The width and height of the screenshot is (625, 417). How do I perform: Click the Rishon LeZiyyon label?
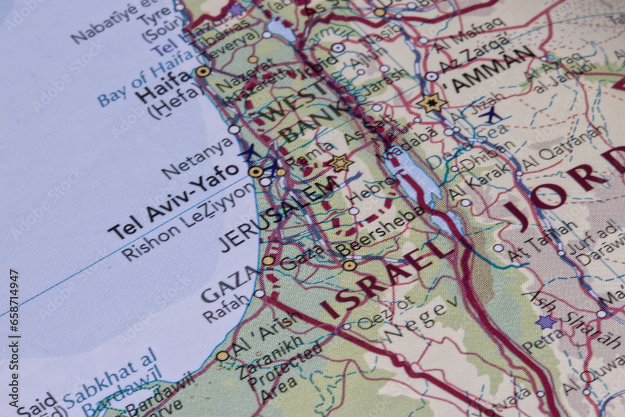pos(188,223)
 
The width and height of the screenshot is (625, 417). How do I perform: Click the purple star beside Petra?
pos(546,322)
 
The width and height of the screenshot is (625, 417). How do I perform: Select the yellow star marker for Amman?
pos(432,103)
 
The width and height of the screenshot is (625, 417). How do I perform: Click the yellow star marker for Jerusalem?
pos(340,163)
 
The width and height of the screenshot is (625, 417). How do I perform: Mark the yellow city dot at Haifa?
pos(202,72)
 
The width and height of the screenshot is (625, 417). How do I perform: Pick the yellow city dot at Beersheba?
pos(349,266)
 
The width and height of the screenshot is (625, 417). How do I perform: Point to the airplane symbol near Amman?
pos(492,114)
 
